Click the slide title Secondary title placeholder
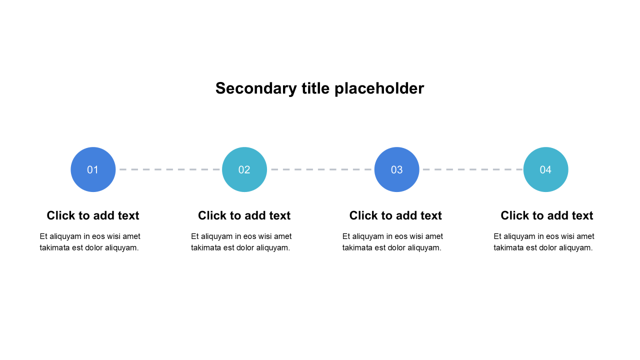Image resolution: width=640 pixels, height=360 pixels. (x=319, y=88)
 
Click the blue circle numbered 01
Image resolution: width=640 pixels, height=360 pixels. (x=93, y=169)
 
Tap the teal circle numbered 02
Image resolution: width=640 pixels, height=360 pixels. (x=244, y=169)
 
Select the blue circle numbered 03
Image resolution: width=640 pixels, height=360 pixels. (x=396, y=169)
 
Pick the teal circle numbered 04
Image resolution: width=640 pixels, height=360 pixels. (x=545, y=169)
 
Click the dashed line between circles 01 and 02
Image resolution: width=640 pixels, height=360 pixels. (x=169, y=169)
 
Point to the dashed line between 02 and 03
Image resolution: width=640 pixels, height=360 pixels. (x=320, y=169)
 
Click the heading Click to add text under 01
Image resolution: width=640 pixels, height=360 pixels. (x=93, y=215)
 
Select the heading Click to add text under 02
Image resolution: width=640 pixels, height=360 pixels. (x=244, y=215)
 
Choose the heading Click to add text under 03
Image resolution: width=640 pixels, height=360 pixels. (x=395, y=215)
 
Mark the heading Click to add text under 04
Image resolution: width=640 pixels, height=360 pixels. (x=546, y=215)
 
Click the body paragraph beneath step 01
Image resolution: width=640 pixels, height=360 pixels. (x=90, y=242)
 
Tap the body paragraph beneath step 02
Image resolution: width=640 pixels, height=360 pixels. (x=241, y=242)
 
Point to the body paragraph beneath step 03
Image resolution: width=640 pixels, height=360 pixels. (x=392, y=242)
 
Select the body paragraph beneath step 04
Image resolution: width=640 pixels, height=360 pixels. (x=544, y=242)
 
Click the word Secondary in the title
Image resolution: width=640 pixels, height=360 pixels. (x=256, y=88)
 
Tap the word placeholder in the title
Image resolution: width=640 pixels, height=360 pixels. (x=379, y=88)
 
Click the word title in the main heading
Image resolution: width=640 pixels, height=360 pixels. (x=315, y=88)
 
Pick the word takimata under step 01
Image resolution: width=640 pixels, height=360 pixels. (x=55, y=247)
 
